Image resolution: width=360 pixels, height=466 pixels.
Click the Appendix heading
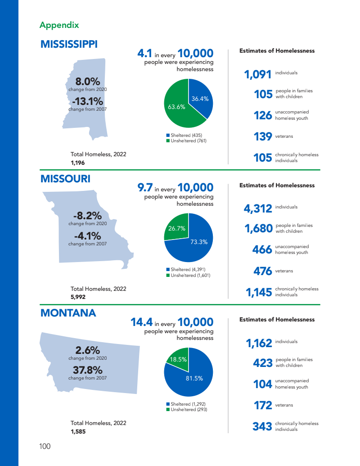59,25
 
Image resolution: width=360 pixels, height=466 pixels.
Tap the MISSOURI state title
65,179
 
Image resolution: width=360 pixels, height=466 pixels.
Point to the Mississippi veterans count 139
263,136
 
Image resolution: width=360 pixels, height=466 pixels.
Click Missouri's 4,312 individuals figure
258,208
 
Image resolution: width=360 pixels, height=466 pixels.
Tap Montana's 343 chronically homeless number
262,426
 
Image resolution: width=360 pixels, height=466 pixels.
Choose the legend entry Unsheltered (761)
186,140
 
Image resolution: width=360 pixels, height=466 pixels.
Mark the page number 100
45,446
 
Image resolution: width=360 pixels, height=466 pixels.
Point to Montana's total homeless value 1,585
78,431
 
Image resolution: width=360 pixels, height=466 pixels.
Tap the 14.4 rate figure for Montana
141,322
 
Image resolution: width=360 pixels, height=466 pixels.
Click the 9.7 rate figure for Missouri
145,187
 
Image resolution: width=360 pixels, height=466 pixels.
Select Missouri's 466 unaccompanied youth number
262,250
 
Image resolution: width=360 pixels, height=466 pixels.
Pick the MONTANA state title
68,313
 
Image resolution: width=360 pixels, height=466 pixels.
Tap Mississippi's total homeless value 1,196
77,163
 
